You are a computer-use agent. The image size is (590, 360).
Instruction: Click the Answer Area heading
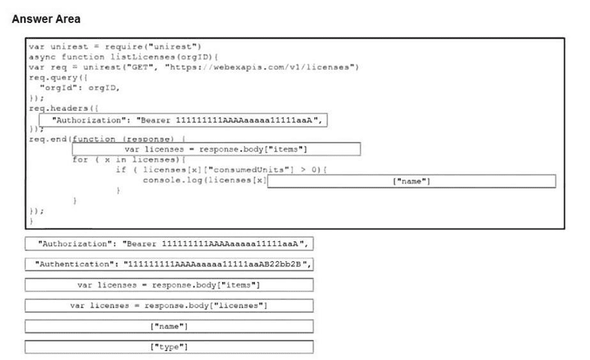(x=46, y=19)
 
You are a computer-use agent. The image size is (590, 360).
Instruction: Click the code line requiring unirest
(x=114, y=47)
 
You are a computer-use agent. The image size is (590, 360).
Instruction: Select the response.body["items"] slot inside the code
(x=216, y=149)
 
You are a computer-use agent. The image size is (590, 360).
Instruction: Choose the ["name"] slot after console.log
(x=411, y=181)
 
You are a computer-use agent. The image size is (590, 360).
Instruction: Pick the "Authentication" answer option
(x=169, y=264)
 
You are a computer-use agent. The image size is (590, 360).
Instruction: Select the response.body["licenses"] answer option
(x=169, y=305)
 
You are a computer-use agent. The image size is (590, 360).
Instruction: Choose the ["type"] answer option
(x=169, y=347)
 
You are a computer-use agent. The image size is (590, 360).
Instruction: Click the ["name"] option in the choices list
(x=169, y=326)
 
